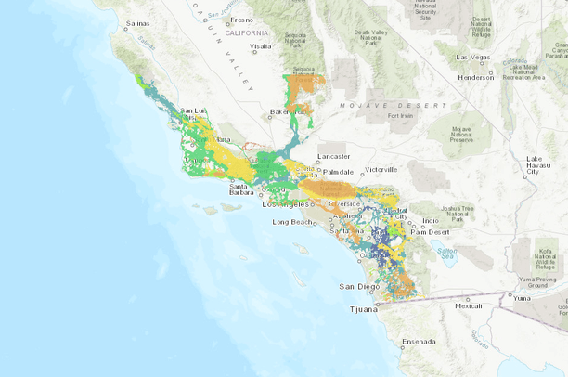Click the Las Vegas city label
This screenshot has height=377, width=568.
tap(474, 57)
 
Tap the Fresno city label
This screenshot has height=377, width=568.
tap(241, 19)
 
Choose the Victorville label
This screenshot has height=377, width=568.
tap(381, 170)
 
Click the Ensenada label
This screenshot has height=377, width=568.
tap(419, 342)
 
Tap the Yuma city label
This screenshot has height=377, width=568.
tap(522, 298)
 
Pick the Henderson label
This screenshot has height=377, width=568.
tap(476, 77)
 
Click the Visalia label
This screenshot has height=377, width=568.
tap(260, 45)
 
